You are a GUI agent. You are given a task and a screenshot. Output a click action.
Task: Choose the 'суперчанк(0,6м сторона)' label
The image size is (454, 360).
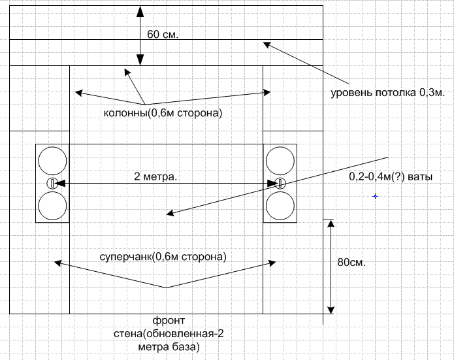pyautogui.click(x=163, y=256)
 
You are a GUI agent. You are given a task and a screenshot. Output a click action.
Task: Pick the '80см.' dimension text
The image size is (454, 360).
pyautogui.click(x=351, y=263)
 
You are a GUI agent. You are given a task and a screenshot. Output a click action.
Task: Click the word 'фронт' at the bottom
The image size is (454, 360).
pyautogui.click(x=169, y=321)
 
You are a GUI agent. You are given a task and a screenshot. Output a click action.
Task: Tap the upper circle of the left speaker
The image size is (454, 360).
pyautogui.click(x=52, y=159)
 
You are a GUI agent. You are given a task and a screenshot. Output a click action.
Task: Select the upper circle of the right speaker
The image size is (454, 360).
pyautogui.click(x=280, y=159)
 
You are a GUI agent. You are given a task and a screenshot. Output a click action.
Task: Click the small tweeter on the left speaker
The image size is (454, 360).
pyautogui.click(x=52, y=183)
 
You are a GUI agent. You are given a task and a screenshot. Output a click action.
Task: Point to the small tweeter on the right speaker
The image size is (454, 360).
pyautogui.click(x=280, y=183)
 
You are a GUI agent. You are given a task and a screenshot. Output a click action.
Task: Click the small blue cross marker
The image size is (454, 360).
pyautogui.click(x=375, y=195)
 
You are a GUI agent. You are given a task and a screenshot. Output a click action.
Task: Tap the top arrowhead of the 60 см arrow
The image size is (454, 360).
pyautogui.click(x=140, y=10)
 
